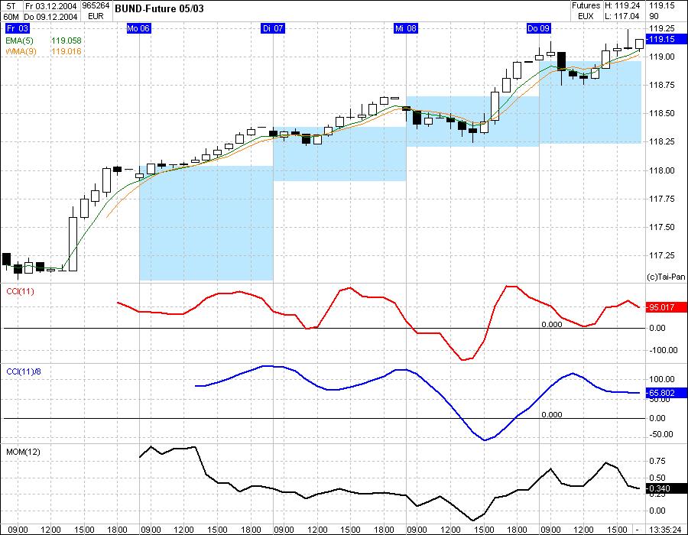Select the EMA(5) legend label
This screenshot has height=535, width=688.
pyautogui.click(x=16, y=40)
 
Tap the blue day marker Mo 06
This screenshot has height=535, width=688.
pyautogui.click(x=138, y=28)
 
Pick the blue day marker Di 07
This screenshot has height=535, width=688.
pyautogui.click(x=273, y=28)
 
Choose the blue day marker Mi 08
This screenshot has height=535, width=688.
pyautogui.click(x=406, y=28)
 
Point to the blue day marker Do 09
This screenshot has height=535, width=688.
pyautogui.click(x=539, y=28)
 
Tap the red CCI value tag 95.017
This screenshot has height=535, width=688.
pyautogui.click(x=660, y=308)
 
